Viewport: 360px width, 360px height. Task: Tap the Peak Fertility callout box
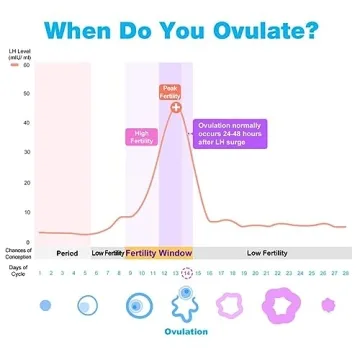pyautogui.click(x=171, y=91)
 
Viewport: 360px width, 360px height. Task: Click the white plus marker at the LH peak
pyautogui.click(x=176, y=107)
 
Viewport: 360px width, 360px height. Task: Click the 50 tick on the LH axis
pyautogui.click(x=26, y=65)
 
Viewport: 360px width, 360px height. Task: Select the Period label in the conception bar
pyautogui.click(x=67, y=253)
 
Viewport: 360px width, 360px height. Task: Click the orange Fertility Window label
pyautogui.click(x=160, y=253)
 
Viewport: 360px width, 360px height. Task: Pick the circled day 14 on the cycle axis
pyautogui.click(x=186, y=272)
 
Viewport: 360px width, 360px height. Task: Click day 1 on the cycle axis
pyautogui.click(x=40, y=272)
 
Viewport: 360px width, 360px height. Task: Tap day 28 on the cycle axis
pyautogui.click(x=344, y=272)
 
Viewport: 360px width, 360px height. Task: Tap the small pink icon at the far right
pyautogui.click(x=326, y=304)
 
